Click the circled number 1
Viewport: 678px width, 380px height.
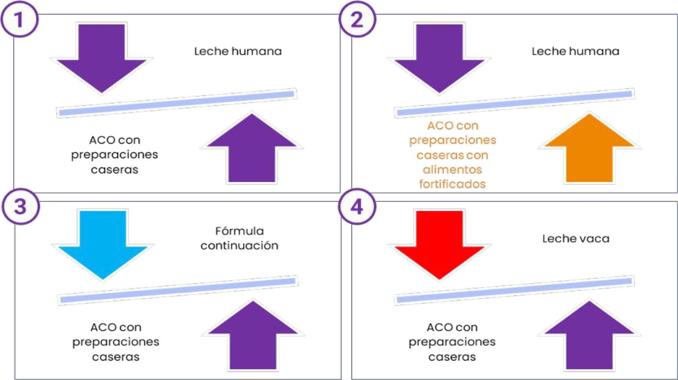point(19,19)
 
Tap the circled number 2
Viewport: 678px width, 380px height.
point(357,19)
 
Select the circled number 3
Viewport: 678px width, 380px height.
point(21,207)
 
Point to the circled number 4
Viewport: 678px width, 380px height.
point(357,207)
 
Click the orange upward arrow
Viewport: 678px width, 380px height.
point(589,148)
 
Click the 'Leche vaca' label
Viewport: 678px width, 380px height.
point(576,238)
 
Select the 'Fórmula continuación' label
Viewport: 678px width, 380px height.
point(239,238)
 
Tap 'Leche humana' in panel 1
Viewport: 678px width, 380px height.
point(238,51)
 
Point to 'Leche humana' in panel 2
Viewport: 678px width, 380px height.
point(575,51)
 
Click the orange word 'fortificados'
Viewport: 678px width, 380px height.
point(452,184)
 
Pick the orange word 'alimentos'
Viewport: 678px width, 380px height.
point(452,170)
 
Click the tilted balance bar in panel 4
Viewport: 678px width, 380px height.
point(514,290)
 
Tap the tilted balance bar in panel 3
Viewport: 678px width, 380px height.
point(178,290)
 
